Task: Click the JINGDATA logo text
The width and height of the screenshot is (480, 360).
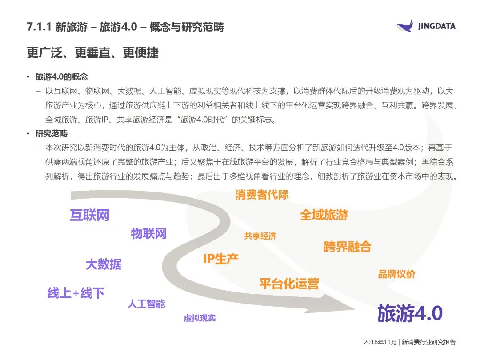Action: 437,26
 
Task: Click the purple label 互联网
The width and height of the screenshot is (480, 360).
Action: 89,216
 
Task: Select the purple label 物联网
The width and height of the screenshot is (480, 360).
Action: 148,234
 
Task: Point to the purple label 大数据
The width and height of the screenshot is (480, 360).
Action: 103,264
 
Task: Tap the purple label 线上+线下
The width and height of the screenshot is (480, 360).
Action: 76,293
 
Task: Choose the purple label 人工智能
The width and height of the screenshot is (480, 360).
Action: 146,304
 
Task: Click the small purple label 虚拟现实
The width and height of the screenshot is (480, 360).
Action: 200,318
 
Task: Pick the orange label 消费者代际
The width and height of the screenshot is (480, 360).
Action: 262,195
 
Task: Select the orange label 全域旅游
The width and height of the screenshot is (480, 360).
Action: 324,216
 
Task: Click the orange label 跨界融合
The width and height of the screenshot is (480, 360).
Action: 347,247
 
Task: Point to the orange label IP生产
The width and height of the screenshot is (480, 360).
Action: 220,259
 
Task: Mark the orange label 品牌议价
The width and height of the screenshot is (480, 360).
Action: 396,274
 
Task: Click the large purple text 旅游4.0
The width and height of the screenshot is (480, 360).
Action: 409,313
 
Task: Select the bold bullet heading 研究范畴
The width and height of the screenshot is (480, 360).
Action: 52,134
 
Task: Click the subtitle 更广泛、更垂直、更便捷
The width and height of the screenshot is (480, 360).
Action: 92,53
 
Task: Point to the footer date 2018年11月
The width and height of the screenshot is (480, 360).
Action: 380,342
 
